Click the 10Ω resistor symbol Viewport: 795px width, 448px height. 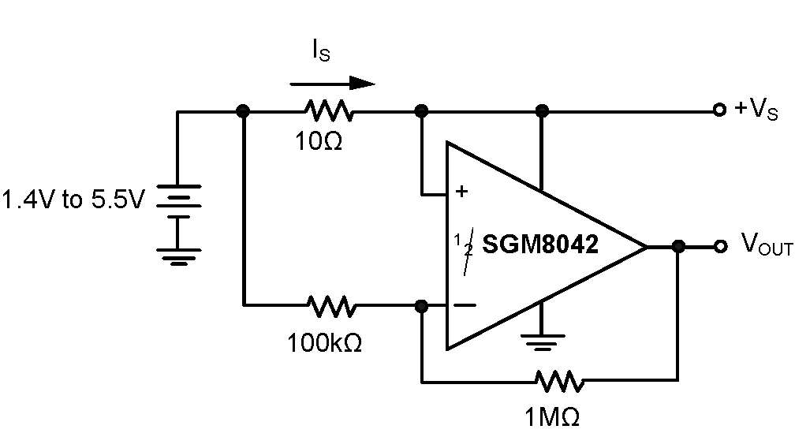click(x=329, y=112)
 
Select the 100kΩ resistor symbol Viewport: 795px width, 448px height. click(x=331, y=304)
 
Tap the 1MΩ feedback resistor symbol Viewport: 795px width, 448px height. click(x=559, y=383)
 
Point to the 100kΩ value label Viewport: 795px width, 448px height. click(x=325, y=343)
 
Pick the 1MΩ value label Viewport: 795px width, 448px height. click(x=552, y=416)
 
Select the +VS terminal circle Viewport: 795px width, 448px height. click(x=718, y=111)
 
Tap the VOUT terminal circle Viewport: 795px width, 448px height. click(x=718, y=247)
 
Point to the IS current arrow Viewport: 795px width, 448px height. click(x=331, y=83)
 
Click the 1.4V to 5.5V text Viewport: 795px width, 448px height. click(x=73, y=200)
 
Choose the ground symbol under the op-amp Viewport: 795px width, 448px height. click(x=541, y=340)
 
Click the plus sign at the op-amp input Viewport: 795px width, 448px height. click(x=461, y=191)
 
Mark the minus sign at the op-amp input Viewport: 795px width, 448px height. click(x=465, y=304)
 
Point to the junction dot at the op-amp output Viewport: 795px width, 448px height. click(x=677, y=247)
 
